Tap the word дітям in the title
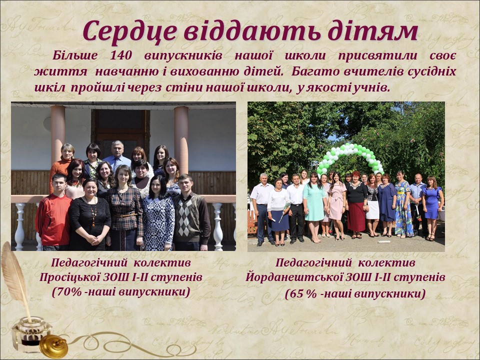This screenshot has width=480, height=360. (372, 31)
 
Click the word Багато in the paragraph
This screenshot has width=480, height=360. (315, 71)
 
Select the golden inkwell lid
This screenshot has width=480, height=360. (53, 346)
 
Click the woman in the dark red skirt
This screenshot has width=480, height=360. (356, 205)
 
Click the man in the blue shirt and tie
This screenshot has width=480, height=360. (116, 156)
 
